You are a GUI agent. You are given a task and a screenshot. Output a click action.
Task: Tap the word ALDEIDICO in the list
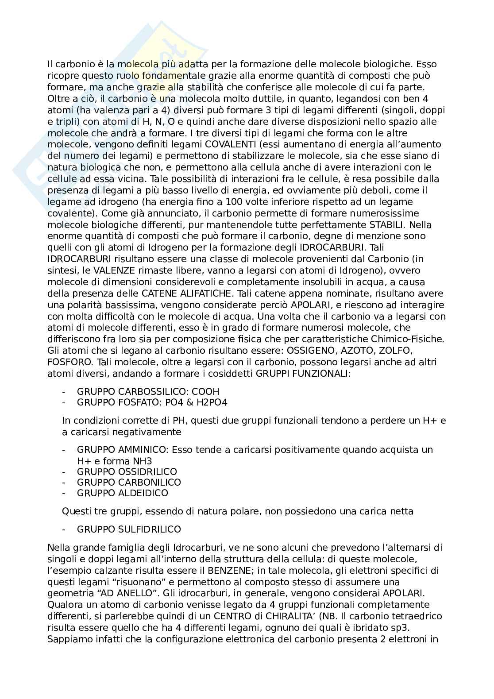pyautogui.click(x=144, y=493)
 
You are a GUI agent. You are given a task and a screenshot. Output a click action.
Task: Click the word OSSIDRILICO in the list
pyautogui.click(x=148, y=471)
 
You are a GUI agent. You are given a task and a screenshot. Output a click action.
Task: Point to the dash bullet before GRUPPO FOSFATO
pyautogui.click(x=65, y=402)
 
